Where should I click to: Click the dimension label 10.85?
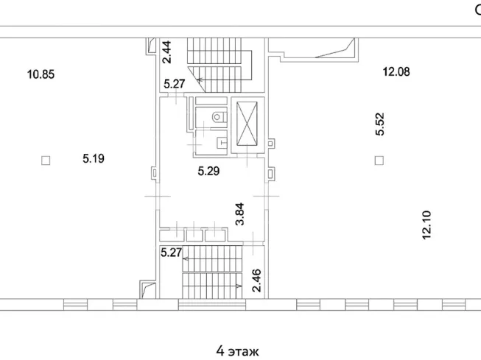41,74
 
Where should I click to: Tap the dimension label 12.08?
396,71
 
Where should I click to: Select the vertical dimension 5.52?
380,124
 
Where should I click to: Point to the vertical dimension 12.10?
426,225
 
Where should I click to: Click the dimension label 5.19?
94,158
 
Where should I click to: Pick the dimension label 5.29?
208,171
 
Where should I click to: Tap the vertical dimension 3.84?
239,214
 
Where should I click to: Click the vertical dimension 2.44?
167,52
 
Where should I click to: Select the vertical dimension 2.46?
256,280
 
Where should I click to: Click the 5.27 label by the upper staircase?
175,84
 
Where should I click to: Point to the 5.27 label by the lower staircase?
172,253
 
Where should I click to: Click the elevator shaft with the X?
247,124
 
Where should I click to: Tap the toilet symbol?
220,117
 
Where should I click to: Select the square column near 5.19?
46,160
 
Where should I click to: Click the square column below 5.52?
379,160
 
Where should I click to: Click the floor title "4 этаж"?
237,351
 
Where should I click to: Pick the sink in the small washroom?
222,143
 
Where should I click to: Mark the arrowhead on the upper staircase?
199,80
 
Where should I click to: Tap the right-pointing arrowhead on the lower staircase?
239,286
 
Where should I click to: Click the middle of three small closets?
194,236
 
